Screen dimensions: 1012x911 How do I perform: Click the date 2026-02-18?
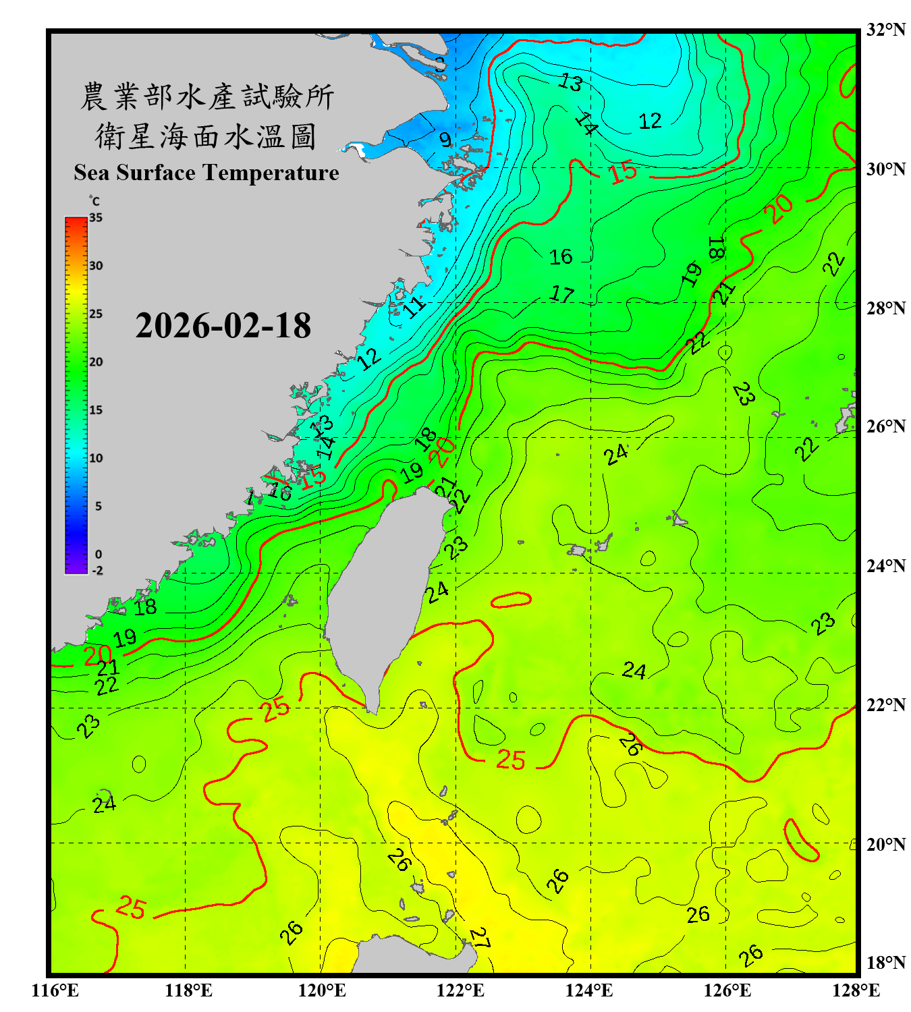[223, 326]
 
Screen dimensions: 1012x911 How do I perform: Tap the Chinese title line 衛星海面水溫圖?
[206, 136]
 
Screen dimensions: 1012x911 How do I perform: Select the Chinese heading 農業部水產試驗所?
[206, 96]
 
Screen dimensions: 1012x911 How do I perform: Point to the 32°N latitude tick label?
[885, 30]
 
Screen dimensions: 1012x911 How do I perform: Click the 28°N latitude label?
[885, 308]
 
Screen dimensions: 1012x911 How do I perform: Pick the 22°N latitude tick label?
[885, 705]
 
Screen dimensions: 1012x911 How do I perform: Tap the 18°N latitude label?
[885, 963]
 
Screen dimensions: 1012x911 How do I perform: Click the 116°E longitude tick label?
[55, 990]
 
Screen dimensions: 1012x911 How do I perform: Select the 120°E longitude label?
[322, 990]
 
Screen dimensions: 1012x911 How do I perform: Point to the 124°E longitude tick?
[589, 990]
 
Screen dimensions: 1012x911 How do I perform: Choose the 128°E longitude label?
[856, 990]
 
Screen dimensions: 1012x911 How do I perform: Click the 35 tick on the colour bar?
[96, 218]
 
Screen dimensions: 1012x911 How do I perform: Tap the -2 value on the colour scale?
[97, 570]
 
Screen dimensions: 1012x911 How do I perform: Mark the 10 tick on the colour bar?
[96, 458]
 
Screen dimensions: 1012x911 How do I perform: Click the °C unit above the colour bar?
[94, 201]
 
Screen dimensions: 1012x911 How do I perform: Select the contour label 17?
[561, 294]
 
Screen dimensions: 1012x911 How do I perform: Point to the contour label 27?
[479, 937]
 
